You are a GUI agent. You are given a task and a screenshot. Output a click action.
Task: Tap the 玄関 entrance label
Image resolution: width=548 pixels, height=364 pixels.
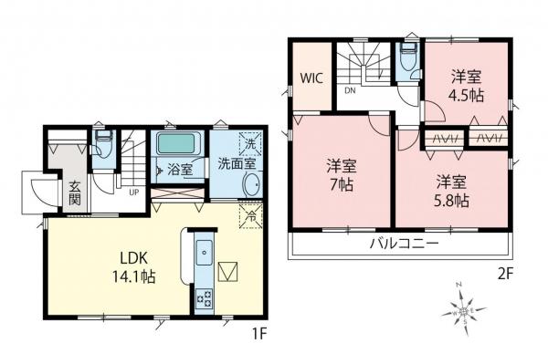click(x=74, y=193)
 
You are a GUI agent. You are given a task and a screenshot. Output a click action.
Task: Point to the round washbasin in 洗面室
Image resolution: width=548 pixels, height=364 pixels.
click(x=250, y=187)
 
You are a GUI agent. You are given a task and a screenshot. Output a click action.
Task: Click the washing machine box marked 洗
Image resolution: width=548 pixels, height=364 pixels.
click(x=249, y=144)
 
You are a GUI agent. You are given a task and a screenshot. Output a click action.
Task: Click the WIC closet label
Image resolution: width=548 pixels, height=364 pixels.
click(x=312, y=78)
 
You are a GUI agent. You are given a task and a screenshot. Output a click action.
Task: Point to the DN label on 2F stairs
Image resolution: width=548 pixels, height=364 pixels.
click(x=350, y=91)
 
